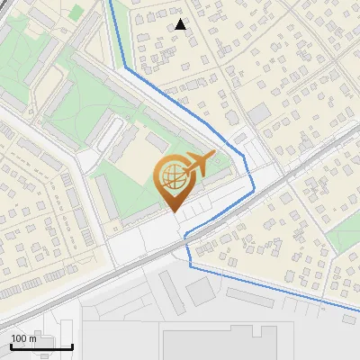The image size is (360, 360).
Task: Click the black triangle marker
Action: (181, 24)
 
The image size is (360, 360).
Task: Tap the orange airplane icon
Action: (198, 165)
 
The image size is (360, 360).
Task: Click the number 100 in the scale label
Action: (19, 339)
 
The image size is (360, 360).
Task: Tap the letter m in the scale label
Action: (33, 339)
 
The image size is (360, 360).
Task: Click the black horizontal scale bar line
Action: (40, 347)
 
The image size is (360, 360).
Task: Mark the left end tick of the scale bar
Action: (11, 346)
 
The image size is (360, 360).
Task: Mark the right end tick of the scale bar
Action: (72, 346)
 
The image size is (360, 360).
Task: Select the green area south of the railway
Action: (342, 236)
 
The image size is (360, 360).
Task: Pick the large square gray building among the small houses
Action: (259, 113)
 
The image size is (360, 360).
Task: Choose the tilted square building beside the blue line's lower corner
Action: (202, 289)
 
